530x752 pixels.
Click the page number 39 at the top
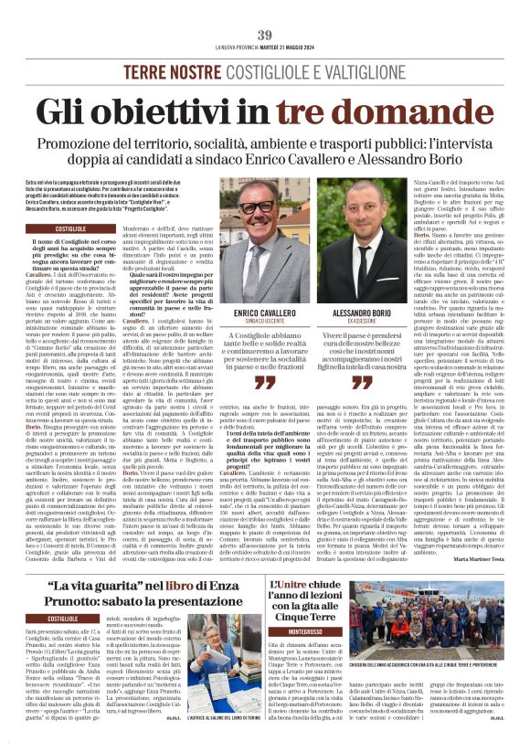point(265,35)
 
